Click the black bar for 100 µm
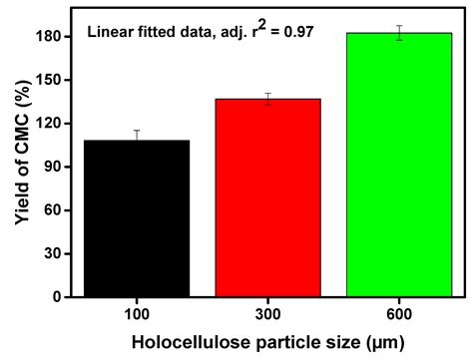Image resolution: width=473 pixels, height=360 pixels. click(137, 218)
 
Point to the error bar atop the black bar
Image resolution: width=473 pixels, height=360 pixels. click(137, 137)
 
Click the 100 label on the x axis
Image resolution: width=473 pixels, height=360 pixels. click(137, 314)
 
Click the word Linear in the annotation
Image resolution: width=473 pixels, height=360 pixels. click(108, 32)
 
